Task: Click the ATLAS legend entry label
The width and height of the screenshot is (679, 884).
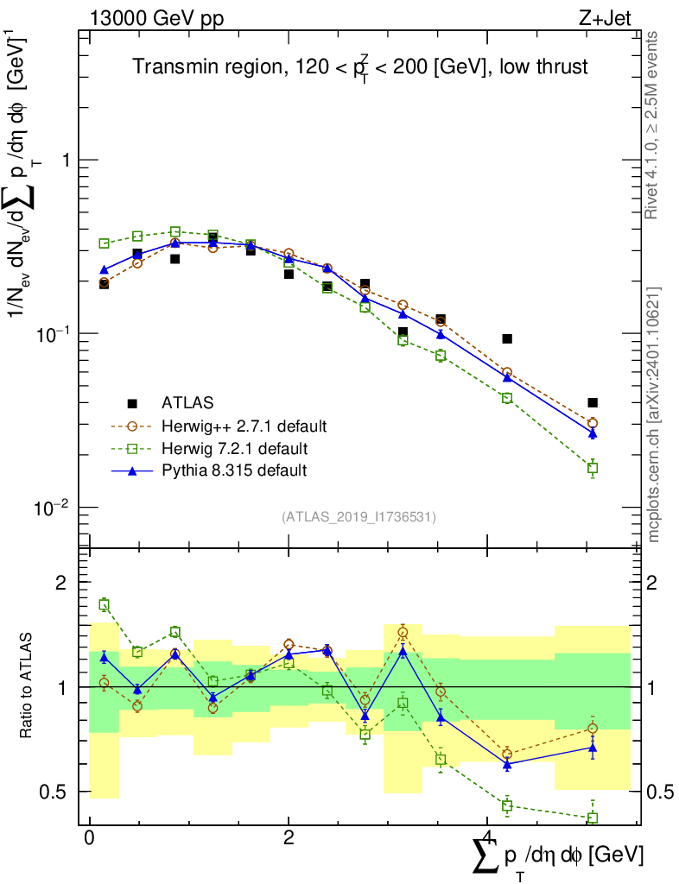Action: (187, 402)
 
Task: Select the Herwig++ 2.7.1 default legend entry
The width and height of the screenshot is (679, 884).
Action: (244, 426)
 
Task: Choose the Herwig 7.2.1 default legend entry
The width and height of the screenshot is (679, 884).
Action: (235, 448)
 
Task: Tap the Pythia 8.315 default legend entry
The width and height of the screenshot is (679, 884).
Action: (233, 470)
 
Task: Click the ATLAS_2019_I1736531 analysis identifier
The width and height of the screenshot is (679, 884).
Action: (359, 517)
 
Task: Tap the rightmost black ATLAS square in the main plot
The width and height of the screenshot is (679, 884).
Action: (593, 402)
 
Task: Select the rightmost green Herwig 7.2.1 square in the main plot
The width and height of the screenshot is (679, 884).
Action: (593, 468)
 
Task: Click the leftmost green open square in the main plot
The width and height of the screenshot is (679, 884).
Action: (104, 243)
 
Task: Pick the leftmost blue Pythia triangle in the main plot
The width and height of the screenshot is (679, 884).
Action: (104, 270)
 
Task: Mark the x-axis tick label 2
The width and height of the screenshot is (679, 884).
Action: (289, 840)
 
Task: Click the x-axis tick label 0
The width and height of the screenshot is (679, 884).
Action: (89, 840)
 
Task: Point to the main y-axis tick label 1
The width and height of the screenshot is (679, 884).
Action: (62, 161)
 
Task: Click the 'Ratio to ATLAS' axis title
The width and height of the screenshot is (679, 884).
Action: (28, 686)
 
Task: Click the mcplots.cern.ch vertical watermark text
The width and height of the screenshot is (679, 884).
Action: (654, 414)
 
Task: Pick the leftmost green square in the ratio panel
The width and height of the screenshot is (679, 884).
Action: (104, 605)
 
